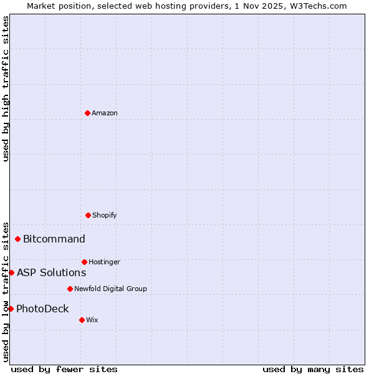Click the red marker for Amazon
87,113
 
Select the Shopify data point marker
88,215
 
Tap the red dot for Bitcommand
17,239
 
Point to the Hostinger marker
84,262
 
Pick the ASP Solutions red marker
11,272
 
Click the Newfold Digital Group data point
70,289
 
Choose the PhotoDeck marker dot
11,309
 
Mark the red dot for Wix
82,320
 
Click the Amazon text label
105,113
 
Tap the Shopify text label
105,215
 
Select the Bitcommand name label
54,239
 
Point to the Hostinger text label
104,262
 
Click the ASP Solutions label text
51,272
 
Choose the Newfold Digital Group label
110,289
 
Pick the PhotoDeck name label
42,309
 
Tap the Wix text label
92,320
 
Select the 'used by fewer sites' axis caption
64,369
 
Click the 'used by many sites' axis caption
313,369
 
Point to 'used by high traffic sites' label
6,89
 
